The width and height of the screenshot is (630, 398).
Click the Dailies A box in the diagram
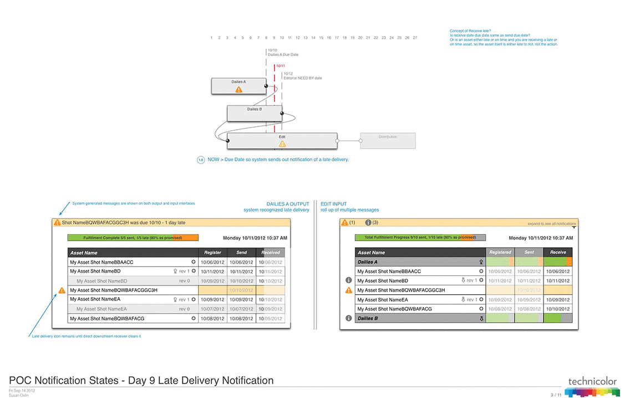tap(238, 85)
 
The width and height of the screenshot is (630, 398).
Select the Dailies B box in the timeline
tap(255, 113)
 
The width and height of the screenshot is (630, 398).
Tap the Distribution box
tap(388, 140)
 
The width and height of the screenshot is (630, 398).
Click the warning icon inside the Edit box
tap(282, 144)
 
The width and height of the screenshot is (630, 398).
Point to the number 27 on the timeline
tap(415, 38)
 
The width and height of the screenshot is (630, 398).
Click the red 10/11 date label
tap(281, 66)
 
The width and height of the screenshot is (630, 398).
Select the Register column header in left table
tap(212, 252)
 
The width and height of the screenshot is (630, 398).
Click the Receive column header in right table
tap(558, 252)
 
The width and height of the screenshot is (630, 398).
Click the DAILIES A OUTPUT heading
tap(288, 204)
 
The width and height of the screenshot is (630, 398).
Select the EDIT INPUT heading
tap(333, 204)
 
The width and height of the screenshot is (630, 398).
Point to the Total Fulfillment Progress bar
tap(420, 237)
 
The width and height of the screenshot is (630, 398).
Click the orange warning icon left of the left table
tap(62, 290)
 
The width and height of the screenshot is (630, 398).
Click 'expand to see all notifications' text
tap(551, 224)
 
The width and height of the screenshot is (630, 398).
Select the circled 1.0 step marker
tap(201, 160)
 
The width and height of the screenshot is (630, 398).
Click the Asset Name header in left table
tap(84, 252)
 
